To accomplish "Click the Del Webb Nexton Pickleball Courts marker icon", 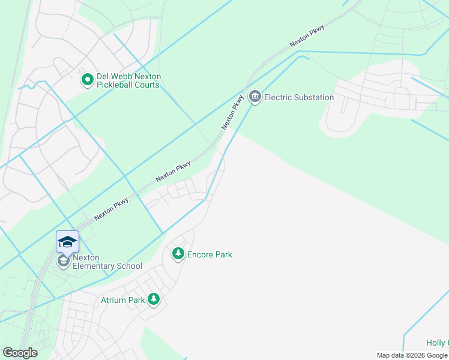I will click(88, 79).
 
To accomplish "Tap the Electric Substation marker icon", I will click(255, 97).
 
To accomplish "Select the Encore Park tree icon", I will click(178, 254).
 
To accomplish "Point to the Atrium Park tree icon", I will click(154, 299).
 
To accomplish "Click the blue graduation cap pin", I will click(67, 241).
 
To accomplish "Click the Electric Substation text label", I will click(299, 97).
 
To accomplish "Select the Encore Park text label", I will click(209, 254).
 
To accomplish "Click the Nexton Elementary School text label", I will click(107, 262).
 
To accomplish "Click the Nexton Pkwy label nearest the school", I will click(111, 208).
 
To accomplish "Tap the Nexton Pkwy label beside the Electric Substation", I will click(232, 112).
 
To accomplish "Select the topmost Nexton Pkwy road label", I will click(307, 35).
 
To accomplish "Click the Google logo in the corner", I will click(20, 353).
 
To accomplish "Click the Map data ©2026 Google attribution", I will click(412, 355).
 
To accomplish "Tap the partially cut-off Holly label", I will click(436, 343).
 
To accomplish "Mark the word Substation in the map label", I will click(310, 97).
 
